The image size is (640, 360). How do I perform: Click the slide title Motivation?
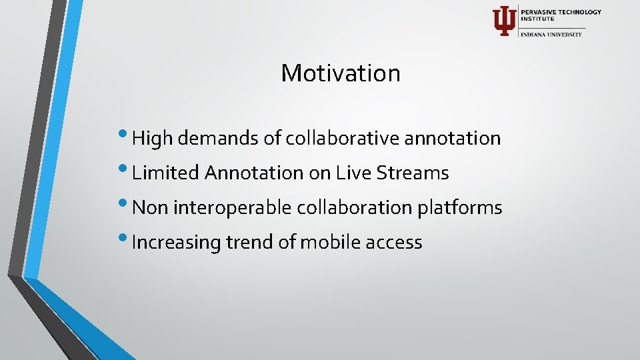[341, 73]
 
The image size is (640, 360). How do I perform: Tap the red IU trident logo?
[503, 21]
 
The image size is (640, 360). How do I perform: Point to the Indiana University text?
[551, 34]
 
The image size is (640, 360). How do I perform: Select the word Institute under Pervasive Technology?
[537, 19]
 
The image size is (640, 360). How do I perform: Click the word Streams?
[413, 173]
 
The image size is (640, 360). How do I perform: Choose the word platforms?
[459, 207]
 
